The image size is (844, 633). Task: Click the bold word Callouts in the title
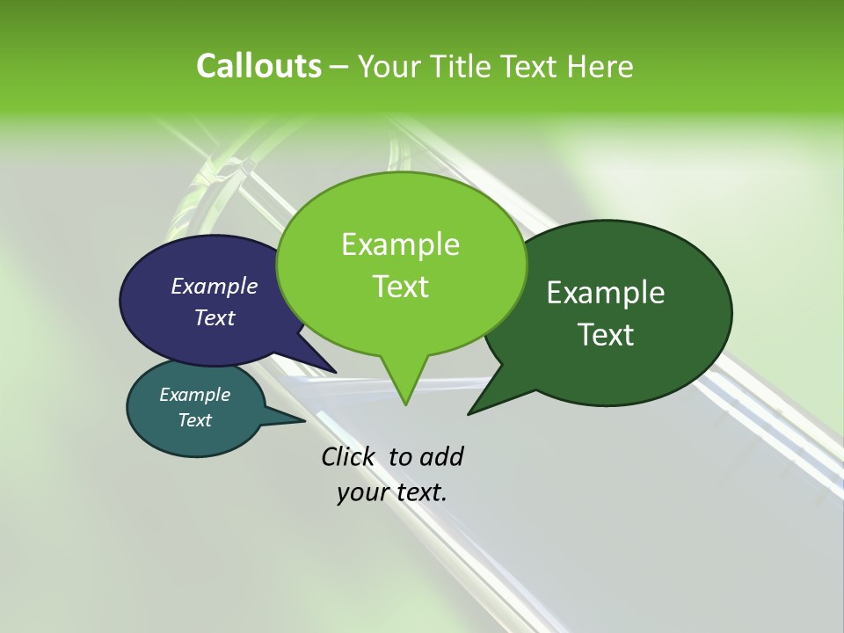(x=258, y=66)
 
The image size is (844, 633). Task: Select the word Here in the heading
(x=600, y=66)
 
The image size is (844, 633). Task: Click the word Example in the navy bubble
(x=215, y=286)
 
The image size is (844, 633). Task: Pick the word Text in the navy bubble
(x=215, y=317)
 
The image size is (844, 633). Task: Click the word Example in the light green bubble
(x=401, y=244)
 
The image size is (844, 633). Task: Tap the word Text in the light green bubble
(x=401, y=287)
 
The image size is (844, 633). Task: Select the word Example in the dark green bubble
(x=606, y=293)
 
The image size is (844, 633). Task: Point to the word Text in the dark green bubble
(x=606, y=335)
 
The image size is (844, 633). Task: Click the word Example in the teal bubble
(x=194, y=395)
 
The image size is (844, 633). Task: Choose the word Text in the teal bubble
(x=194, y=420)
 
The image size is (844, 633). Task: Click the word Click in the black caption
(x=347, y=457)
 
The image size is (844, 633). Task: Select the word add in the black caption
(x=441, y=457)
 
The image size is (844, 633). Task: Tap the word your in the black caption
(x=363, y=492)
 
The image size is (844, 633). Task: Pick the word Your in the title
(x=390, y=66)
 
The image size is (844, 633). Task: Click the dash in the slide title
(x=340, y=66)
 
